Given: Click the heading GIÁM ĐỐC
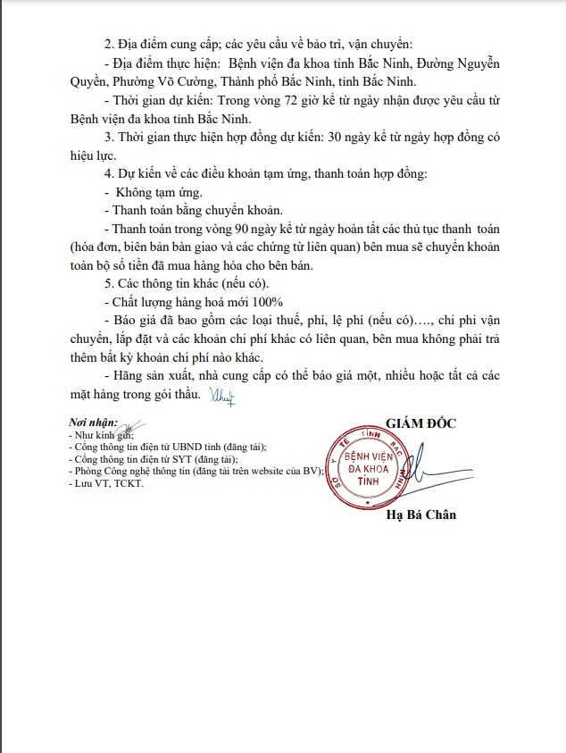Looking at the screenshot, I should (x=420, y=423).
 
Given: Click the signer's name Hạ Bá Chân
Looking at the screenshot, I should (x=420, y=515).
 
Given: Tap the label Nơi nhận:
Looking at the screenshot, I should (x=93, y=423).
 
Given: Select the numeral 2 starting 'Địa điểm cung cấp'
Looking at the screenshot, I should (x=108, y=46).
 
